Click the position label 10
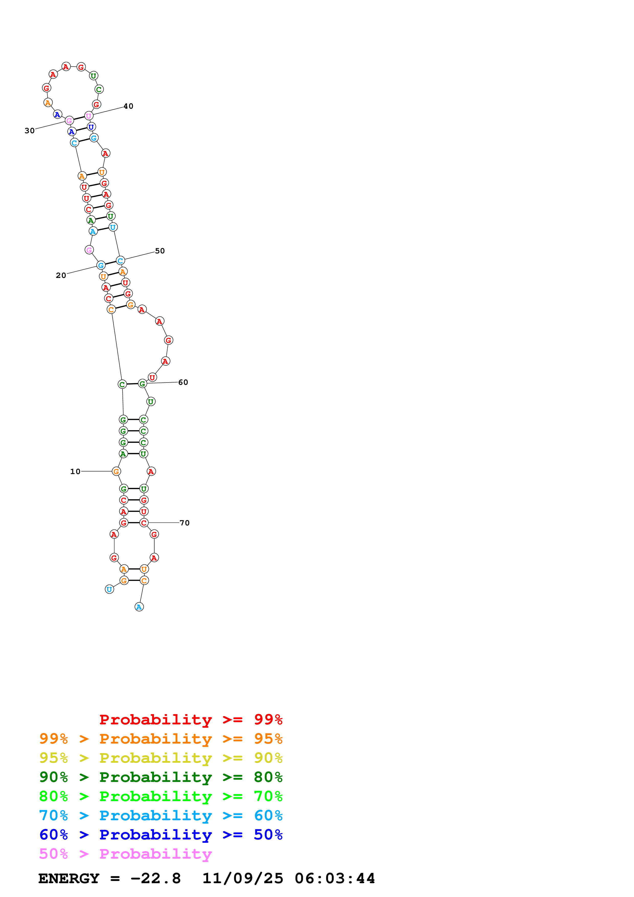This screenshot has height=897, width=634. point(75,472)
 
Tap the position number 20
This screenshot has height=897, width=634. point(61,275)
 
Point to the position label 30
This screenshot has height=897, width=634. point(29,131)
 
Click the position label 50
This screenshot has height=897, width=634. point(160,251)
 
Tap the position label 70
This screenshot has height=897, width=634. point(184,523)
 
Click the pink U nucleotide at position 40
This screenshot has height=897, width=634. point(89,116)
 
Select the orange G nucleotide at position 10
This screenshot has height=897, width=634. point(116,472)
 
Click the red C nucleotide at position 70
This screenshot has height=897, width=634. point(144,523)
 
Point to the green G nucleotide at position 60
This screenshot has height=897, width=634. point(142,384)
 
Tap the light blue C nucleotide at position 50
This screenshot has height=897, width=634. point(120,261)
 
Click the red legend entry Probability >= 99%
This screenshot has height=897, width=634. point(191,720)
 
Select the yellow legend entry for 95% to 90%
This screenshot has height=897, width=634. point(161,758)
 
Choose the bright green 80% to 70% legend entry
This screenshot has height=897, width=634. point(161,796)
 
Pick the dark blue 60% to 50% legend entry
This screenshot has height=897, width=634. point(161,835)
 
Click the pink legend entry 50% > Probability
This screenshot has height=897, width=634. point(125,854)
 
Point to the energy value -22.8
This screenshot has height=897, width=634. point(155,878)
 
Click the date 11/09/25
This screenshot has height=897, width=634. point(243,878)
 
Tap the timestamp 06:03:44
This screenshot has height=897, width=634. point(335,878)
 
